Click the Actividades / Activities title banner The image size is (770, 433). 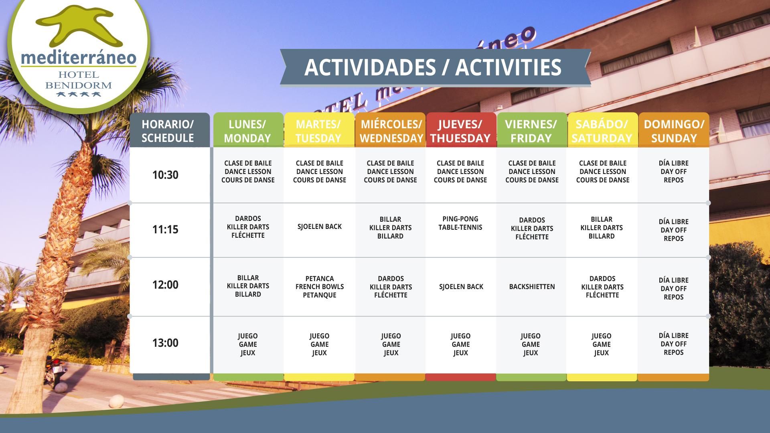click(x=435, y=67)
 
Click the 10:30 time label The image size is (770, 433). click(x=165, y=175)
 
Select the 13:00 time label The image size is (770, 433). click(x=165, y=343)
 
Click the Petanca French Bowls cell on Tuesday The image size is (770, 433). click(x=320, y=287)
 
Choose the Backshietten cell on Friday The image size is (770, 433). click(x=532, y=287)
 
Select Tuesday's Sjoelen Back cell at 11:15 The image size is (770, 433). click(x=320, y=227)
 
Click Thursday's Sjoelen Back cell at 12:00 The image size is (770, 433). click(x=461, y=287)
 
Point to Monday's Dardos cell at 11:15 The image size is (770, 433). click(x=248, y=227)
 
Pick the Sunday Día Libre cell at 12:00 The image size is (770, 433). click(x=674, y=289)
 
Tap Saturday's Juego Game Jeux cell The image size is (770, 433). click(x=602, y=344)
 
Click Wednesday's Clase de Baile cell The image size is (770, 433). click(x=390, y=172)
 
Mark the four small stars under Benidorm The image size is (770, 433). click(x=79, y=95)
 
